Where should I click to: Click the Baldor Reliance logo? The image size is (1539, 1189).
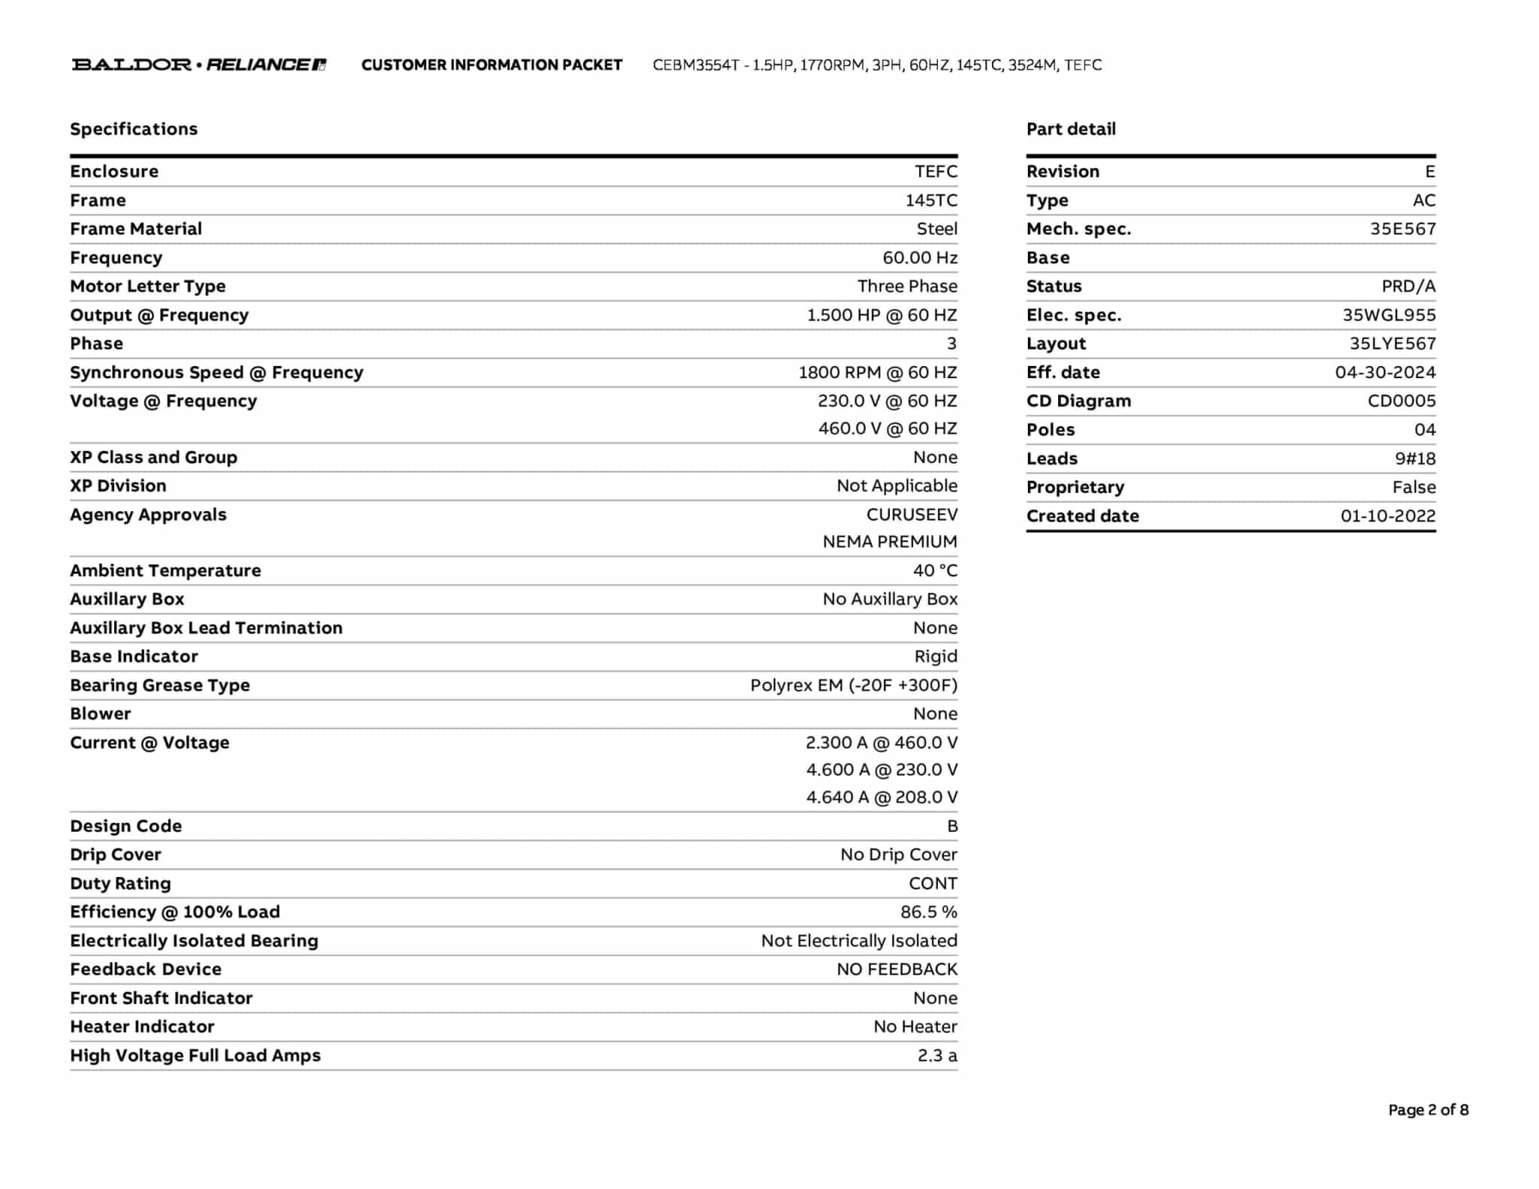(x=198, y=65)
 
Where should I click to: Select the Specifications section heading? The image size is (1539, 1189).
(x=134, y=129)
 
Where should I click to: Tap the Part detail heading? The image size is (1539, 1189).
(x=1071, y=129)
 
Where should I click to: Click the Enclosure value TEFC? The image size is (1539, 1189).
(x=936, y=171)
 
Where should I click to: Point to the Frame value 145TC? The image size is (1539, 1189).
(x=931, y=201)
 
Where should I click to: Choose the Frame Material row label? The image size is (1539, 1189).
(x=136, y=229)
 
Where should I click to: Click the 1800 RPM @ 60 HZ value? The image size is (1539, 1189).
(x=877, y=373)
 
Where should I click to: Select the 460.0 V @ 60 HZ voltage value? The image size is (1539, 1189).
(x=887, y=428)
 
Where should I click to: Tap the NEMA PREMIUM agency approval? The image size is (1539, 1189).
(x=890, y=542)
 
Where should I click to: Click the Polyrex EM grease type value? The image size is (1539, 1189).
(x=854, y=685)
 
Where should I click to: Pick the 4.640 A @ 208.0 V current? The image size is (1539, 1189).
(x=881, y=797)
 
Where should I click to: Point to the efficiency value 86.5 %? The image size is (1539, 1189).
(x=929, y=912)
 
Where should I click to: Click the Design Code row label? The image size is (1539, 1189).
(x=125, y=826)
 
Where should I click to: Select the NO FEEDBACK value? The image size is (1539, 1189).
(x=896, y=970)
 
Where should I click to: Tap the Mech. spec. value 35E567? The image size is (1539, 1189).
(x=1402, y=229)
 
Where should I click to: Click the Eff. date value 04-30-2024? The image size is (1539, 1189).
(x=1385, y=373)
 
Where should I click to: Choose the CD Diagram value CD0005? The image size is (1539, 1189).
(x=1401, y=401)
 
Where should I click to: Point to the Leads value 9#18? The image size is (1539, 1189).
(x=1415, y=458)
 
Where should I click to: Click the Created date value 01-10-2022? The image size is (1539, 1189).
(x=1388, y=516)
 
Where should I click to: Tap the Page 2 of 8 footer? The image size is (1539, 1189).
(x=1428, y=1110)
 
